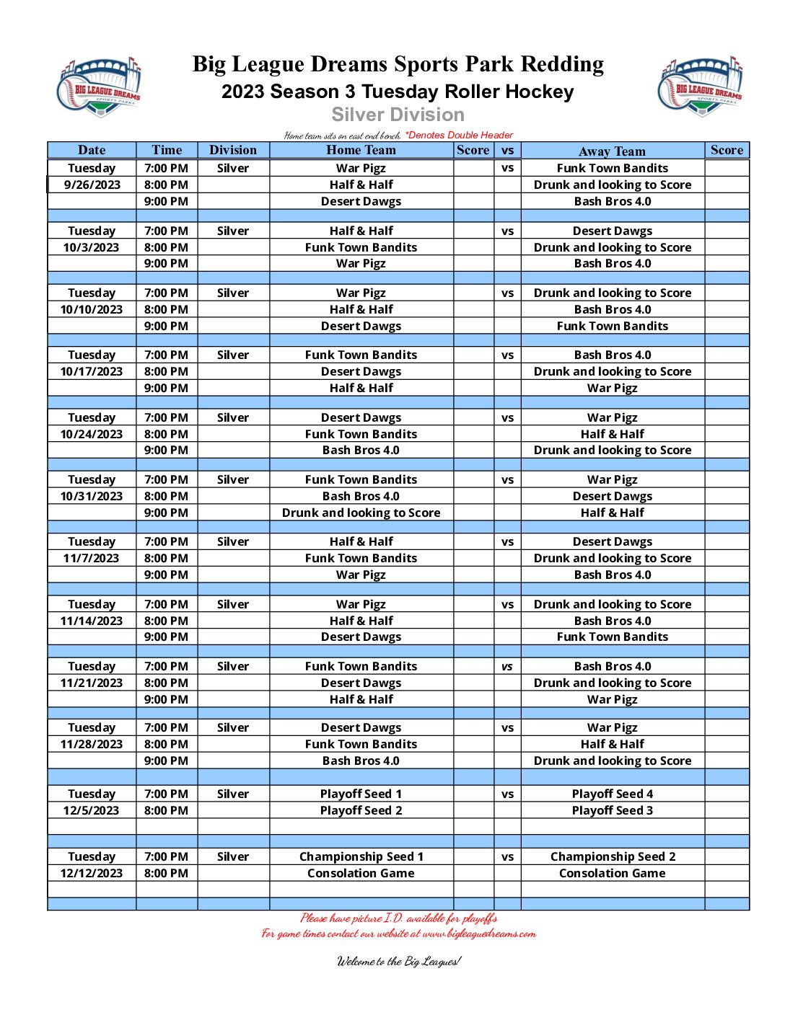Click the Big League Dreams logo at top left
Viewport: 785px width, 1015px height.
(99, 87)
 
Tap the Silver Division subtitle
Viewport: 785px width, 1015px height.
(398, 115)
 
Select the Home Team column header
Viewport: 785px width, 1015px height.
(361, 150)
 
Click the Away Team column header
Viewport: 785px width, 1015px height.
(612, 151)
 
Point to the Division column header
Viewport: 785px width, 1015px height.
(232, 150)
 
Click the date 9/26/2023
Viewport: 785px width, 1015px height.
(92, 185)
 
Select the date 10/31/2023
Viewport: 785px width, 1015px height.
(92, 496)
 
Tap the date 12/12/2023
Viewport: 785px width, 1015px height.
(92, 873)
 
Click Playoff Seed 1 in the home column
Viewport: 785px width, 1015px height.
(361, 794)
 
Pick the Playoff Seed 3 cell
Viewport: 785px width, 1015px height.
(612, 810)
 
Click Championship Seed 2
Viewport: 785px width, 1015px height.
(613, 856)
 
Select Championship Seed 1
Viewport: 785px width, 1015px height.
(361, 856)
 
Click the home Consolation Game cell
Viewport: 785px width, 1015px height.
(361, 873)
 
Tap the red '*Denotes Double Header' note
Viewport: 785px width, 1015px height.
(459, 135)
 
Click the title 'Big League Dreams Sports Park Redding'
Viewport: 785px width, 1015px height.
(398, 64)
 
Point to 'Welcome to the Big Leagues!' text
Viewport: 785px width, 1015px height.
(398, 961)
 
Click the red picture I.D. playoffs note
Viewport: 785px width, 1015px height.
(398, 918)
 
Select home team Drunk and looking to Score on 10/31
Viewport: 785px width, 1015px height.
(361, 513)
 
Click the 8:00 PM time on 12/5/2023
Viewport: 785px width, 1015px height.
(166, 810)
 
